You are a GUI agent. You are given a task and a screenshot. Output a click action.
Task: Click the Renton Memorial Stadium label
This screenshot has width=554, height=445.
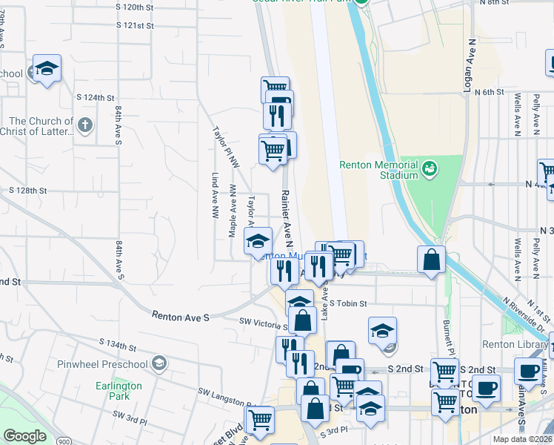click(378, 170)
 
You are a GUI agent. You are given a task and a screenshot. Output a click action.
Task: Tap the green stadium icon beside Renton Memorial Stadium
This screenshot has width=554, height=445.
click(430, 170)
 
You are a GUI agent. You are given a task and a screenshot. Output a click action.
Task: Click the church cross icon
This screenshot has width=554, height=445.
click(85, 125)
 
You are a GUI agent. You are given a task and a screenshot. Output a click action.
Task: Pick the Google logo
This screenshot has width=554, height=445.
click(24, 436)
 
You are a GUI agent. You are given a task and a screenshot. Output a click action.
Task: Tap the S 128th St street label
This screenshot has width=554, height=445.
click(29, 191)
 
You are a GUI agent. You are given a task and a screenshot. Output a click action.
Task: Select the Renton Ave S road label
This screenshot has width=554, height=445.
click(181, 316)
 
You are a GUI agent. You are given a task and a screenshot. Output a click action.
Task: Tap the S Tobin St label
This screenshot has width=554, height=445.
click(348, 303)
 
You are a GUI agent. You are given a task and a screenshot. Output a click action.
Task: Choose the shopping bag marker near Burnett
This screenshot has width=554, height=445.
click(431, 260)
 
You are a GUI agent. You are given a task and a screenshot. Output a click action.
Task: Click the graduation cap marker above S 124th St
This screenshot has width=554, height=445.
click(47, 69)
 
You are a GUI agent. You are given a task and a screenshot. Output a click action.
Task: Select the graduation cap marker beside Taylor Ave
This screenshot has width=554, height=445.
click(258, 241)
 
